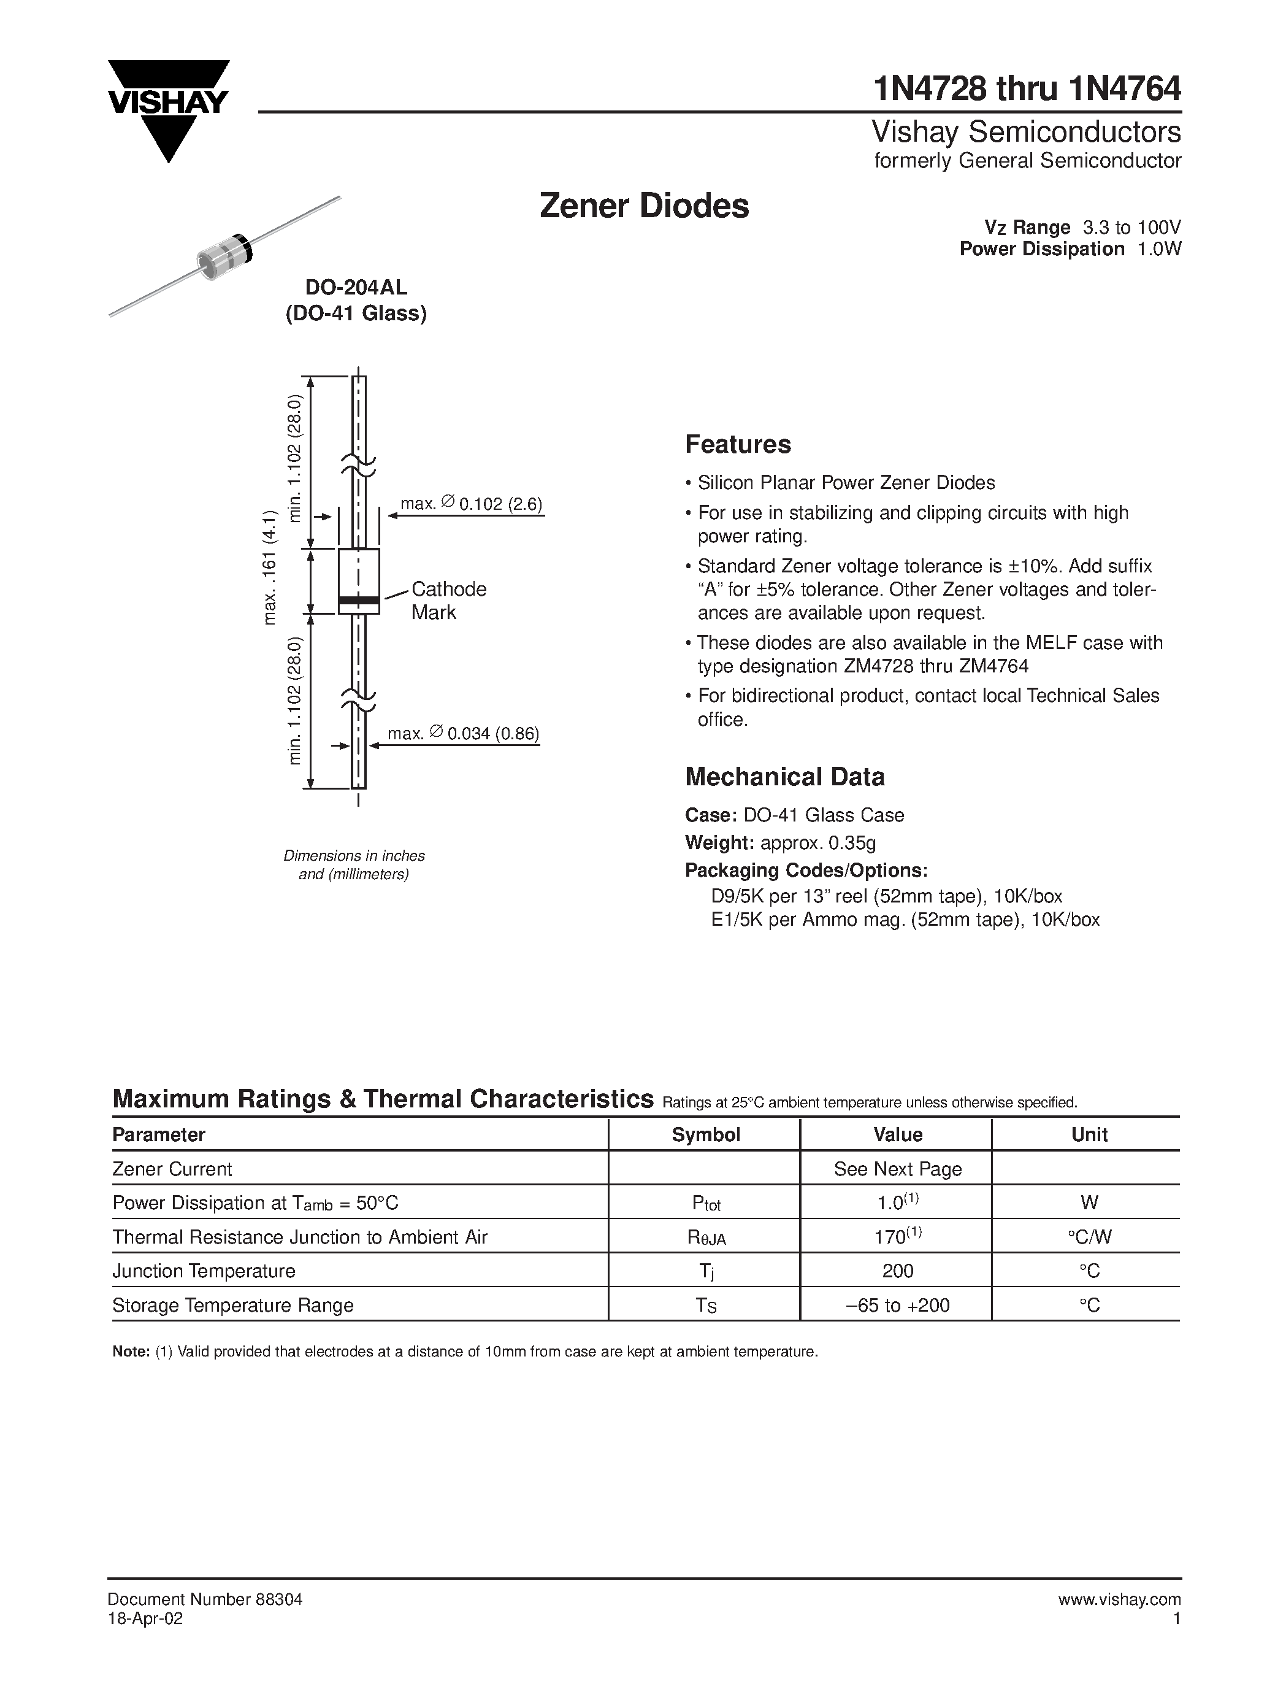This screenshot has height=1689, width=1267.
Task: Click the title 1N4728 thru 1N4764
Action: coord(1027,90)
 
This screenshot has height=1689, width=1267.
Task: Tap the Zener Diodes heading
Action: coord(644,206)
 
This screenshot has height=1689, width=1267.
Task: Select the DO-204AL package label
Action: coord(356,288)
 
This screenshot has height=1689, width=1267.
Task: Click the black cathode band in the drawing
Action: coord(359,600)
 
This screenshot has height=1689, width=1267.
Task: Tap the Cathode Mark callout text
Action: coord(448,600)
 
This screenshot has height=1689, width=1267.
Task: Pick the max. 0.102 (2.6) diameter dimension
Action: coord(471,504)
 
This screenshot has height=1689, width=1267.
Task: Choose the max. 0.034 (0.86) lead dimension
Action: coord(463,734)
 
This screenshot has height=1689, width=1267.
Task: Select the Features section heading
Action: coord(737,444)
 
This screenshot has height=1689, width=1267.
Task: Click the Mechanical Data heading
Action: coord(784,777)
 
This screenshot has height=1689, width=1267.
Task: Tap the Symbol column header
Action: coord(705,1134)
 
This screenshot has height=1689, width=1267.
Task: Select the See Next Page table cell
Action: coord(898,1169)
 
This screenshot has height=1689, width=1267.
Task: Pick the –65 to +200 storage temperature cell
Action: coord(898,1305)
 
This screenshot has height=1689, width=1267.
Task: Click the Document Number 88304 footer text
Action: coord(205,1599)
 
